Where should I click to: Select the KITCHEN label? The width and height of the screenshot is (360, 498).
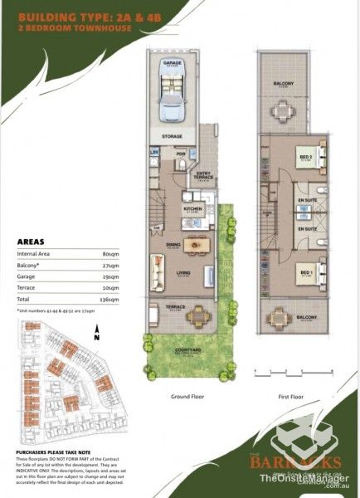point(192,209)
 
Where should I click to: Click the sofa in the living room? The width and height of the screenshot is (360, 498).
point(156,270)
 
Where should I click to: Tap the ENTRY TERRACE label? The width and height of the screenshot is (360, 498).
point(204,175)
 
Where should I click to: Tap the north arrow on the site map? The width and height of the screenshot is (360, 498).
point(96,335)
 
